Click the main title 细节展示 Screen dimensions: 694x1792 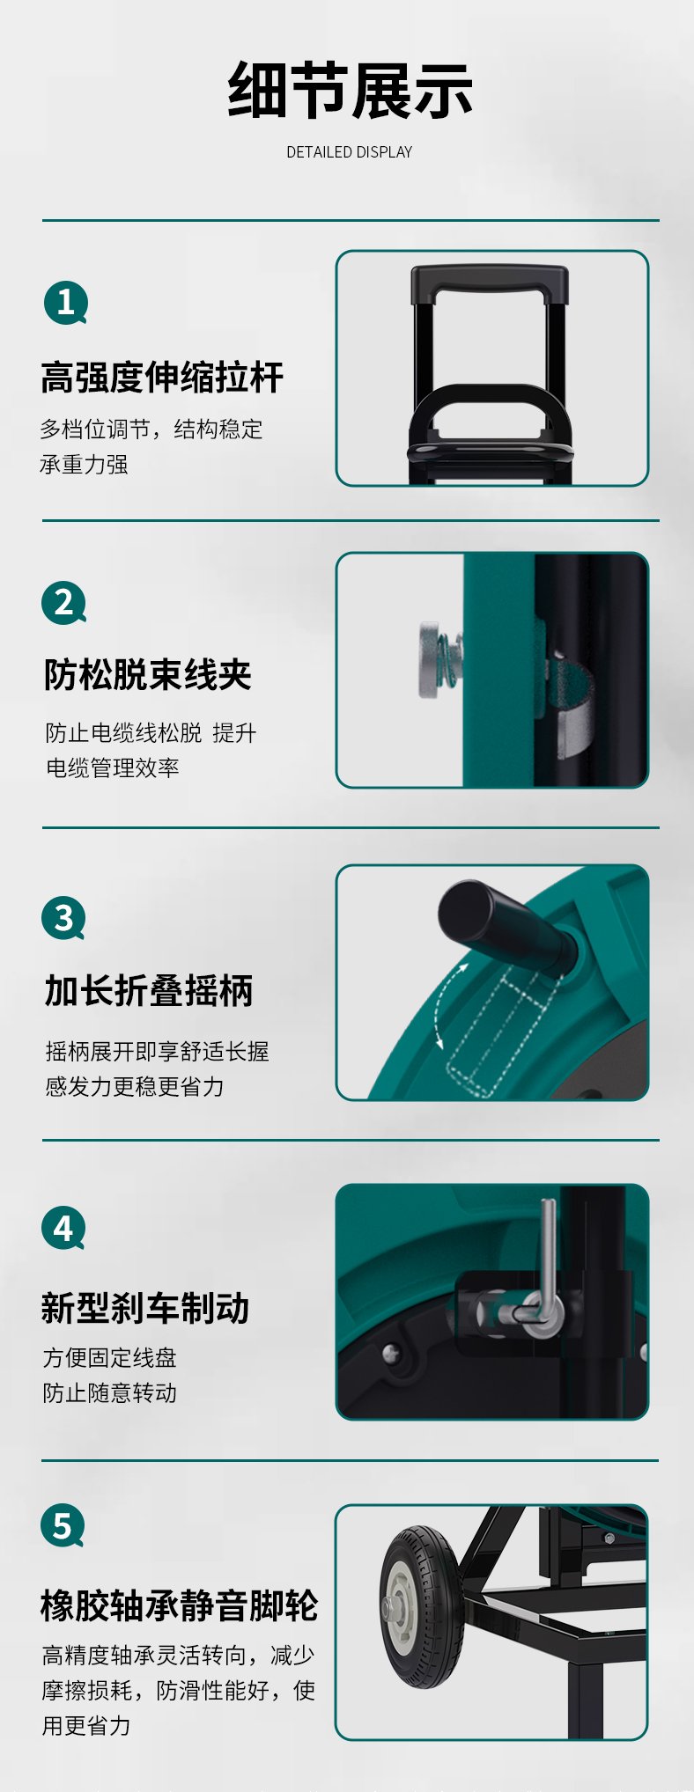point(350,91)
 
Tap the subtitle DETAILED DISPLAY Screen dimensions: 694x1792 point(350,152)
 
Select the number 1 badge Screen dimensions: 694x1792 point(66,303)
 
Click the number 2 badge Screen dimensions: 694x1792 point(64,603)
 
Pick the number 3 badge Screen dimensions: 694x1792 point(64,918)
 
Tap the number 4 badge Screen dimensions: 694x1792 point(64,1228)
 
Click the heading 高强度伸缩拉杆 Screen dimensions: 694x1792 point(162,378)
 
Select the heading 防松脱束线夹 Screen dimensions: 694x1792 point(148,675)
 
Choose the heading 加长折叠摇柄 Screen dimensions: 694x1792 point(149,990)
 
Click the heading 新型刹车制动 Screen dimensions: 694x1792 point(145,1308)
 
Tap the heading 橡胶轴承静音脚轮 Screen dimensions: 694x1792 point(179,1605)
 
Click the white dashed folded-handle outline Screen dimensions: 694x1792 point(498,1031)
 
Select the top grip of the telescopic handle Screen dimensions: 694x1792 point(490,282)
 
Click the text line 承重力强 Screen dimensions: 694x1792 point(85,464)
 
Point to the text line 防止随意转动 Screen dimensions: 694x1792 point(110,1392)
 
